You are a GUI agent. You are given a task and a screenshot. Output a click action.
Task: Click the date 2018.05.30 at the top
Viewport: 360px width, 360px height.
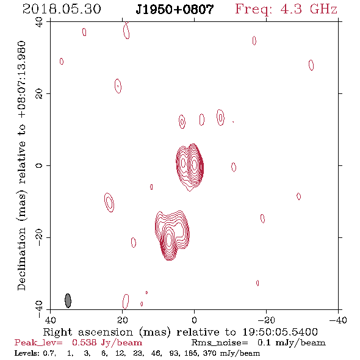click(x=62, y=9)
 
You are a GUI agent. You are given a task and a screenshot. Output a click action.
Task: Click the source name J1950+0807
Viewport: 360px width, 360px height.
click(x=175, y=9)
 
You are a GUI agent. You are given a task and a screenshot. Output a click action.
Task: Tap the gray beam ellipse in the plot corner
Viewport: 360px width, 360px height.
click(x=68, y=300)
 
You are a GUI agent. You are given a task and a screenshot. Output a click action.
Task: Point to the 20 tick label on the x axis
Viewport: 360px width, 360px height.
click(x=123, y=320)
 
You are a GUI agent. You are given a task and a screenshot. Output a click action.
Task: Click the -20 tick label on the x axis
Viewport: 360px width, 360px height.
click(x=266, y=320)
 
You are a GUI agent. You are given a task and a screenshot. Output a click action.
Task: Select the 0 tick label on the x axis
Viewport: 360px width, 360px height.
click(x=194, y=320)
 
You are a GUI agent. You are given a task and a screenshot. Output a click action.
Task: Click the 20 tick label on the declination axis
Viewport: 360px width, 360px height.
click(x=39, y=94)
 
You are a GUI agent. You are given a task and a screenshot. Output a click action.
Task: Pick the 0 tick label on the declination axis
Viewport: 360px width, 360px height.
click(x=39, y=165)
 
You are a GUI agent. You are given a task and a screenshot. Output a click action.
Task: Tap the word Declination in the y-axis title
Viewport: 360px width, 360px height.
click(x=21, y=259)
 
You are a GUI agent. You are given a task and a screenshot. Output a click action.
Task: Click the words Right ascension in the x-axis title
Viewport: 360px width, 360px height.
click(x=88, y=332)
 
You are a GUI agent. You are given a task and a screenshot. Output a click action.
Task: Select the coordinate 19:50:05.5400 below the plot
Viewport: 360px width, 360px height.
click(x=280, y=332)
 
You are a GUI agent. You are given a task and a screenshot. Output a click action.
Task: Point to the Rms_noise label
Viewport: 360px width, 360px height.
click(x=220, y=343)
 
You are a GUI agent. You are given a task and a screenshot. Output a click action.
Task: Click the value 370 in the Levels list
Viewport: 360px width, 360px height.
click(x=210, y=353)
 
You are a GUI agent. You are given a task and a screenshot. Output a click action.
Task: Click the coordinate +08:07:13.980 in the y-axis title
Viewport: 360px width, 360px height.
click(x=21, y=79)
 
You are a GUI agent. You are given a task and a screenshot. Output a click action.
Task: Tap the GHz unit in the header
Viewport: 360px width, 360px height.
click(x=324, y=9)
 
